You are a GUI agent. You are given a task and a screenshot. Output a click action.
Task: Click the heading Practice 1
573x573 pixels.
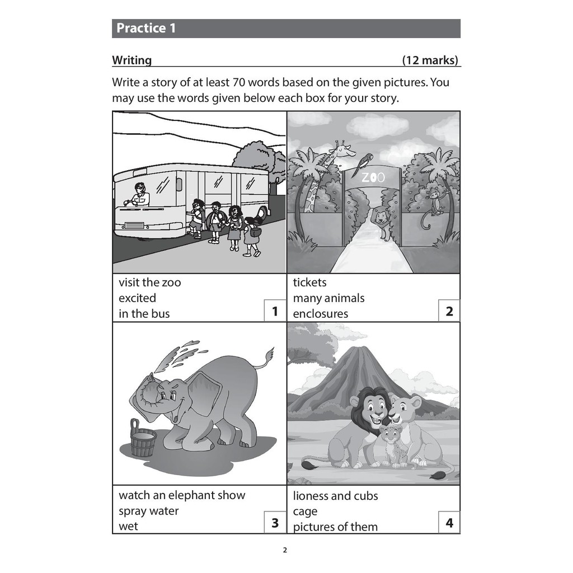(146, 28)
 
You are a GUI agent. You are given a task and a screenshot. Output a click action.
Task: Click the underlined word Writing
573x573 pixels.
(131, 60)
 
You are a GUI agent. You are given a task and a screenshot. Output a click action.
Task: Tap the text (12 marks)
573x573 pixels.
(430, 60)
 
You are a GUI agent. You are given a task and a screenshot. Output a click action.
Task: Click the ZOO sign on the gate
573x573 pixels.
(373, 177)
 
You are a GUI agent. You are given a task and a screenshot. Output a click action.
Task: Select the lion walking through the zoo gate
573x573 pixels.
(381, 222)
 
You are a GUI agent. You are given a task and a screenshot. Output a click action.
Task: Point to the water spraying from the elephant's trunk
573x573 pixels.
(179, 354)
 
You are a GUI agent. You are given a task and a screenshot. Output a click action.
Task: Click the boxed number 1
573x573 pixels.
(275, 311)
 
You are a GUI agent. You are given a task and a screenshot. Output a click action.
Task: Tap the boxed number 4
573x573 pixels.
(449, 523)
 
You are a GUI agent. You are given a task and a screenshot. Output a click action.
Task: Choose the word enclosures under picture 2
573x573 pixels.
(321, 313)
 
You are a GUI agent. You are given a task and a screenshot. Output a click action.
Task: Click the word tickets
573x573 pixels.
(309, 282)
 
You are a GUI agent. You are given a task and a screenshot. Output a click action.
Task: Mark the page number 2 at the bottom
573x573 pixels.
(285, 550)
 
